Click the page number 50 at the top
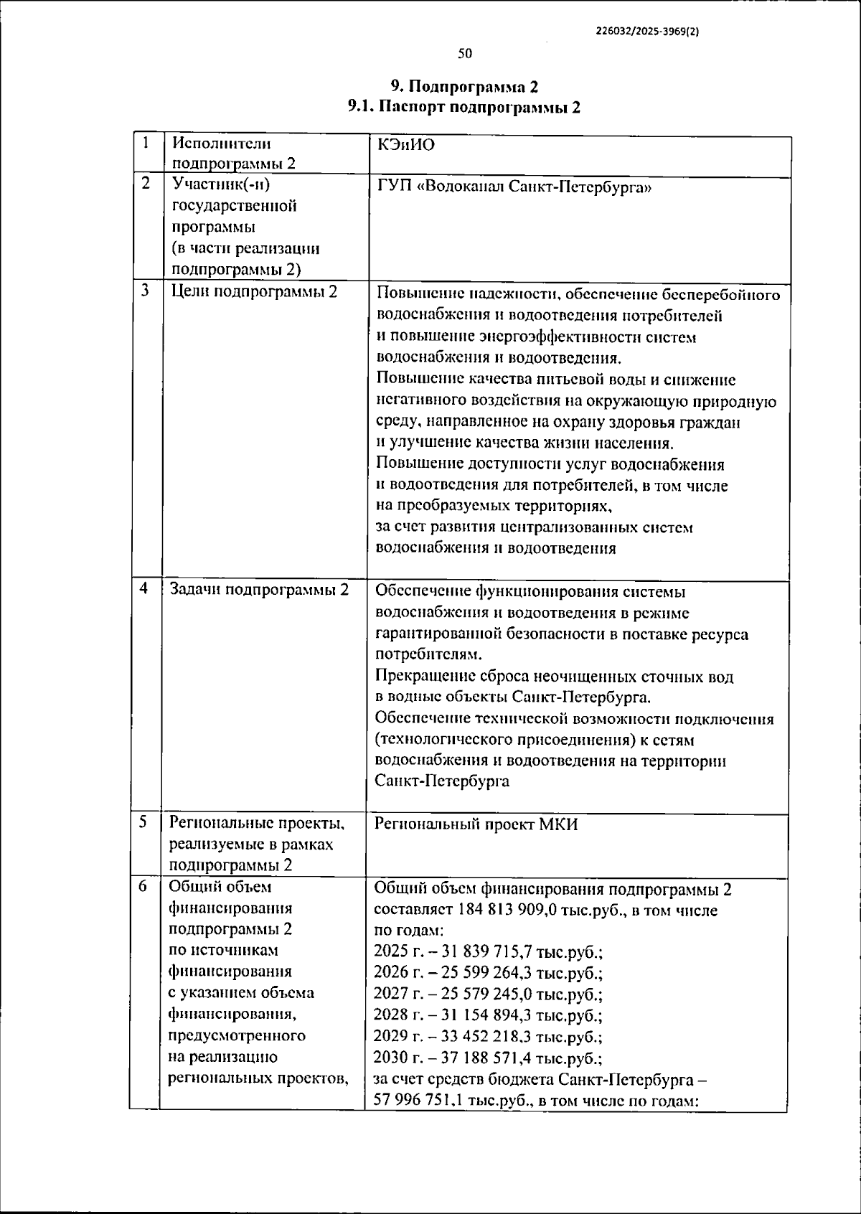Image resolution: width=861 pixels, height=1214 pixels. [465, 54]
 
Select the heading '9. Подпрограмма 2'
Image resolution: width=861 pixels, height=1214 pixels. [464, 87]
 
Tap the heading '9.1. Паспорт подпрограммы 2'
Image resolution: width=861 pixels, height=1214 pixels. [464, 108]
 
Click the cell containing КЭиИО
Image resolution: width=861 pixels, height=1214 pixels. [406, 146]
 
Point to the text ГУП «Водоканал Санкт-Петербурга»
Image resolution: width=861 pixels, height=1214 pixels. [514, 187]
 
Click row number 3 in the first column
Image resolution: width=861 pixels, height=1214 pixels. [146, 291]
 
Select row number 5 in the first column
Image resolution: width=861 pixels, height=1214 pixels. [143, 822]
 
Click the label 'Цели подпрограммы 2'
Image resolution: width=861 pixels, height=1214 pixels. [255, 291]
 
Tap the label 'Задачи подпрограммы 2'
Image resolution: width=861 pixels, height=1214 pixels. [259, 590]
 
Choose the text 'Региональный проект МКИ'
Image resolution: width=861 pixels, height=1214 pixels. [476, 824]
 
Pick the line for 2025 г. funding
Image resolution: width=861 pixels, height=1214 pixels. [488, 952]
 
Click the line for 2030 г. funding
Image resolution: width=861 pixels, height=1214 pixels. [488, 1058]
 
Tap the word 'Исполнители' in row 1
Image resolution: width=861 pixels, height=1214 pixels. [222, 143]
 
